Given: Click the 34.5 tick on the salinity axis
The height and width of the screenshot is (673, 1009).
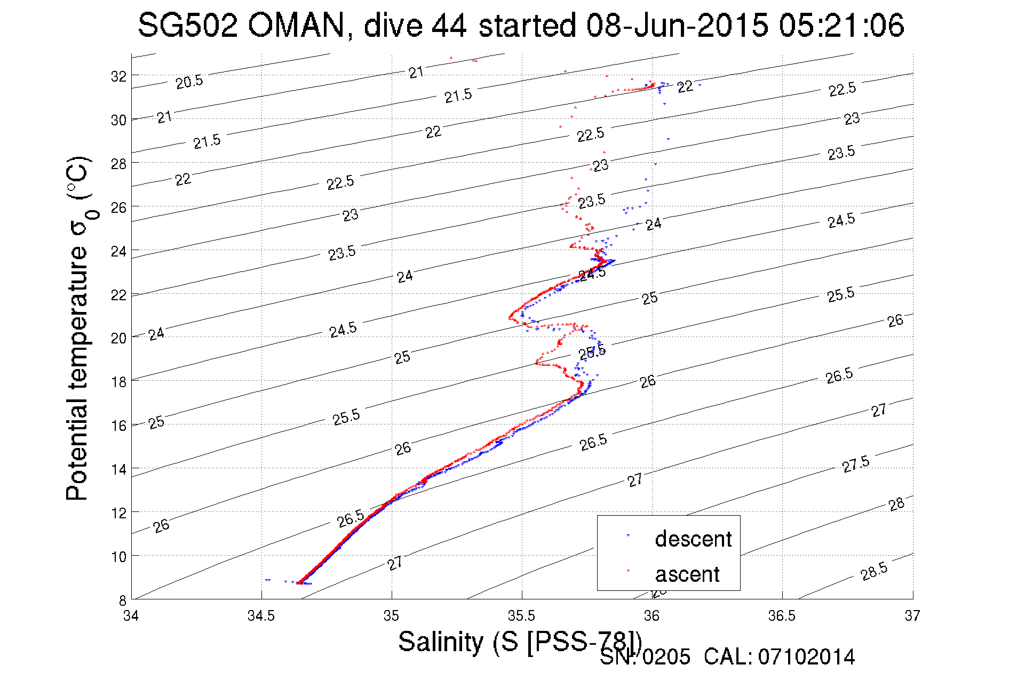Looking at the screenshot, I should (x=261, y=616).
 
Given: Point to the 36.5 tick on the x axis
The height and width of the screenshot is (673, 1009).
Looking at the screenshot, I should (x=782, y=616).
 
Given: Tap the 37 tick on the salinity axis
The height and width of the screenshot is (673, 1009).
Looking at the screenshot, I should (x=912, y=616).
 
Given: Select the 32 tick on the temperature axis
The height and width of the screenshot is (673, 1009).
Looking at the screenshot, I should (x=118, y=77).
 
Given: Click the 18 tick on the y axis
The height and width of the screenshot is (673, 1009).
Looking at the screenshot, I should (x=118, y=382).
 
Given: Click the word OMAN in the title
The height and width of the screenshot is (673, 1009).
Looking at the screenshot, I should (x=297, y=25).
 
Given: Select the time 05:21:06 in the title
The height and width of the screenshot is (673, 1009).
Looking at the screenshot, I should (x=841, y=25).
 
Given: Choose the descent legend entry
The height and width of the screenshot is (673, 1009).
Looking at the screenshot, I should (x=693, y=539).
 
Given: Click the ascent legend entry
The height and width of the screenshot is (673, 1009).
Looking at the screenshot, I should (x=687, y=574).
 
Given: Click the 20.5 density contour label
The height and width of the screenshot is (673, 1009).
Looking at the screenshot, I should (x=189, y=82).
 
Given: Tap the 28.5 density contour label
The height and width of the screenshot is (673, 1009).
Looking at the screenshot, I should (x=874, y=571).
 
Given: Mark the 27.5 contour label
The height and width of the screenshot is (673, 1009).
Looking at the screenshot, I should (x=856, y=464).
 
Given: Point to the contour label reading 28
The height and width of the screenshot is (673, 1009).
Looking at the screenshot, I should (x=896, y=504).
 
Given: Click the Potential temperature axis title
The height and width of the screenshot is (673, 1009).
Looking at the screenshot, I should (x=78, y=329).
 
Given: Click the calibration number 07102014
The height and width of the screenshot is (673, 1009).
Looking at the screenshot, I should (x=806, y=657).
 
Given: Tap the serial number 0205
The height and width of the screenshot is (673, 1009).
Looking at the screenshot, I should (x=666, y=657).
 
